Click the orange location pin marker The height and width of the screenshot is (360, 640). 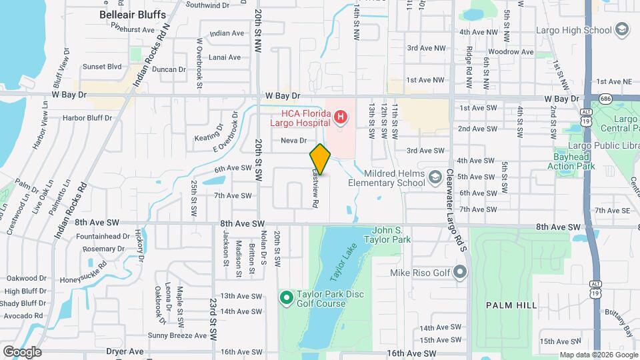pyautogui.click(x=321, y=159)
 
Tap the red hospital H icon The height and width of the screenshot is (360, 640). pyautogui.click(x=341, y=119)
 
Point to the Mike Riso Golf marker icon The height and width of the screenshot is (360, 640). pyautogui.click(x=459, y=272)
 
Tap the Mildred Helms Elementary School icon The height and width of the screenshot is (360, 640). pyautogui.click(x=435, y=176)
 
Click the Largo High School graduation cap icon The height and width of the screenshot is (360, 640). pyautogui.click(x=621, y=29)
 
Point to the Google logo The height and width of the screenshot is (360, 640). pyautogui.click(x=22, y=351)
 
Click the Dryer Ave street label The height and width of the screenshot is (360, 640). pyautogui.click(x=125, y=351)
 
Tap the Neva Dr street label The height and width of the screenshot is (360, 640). pyautogui.click(x=293, y=141)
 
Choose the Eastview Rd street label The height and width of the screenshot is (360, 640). pyautogui.click(x=315, y=187)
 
